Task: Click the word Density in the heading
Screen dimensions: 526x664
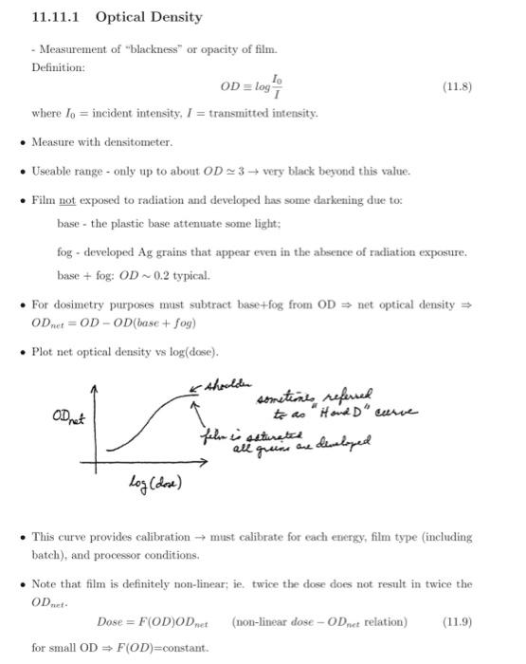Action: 174,17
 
